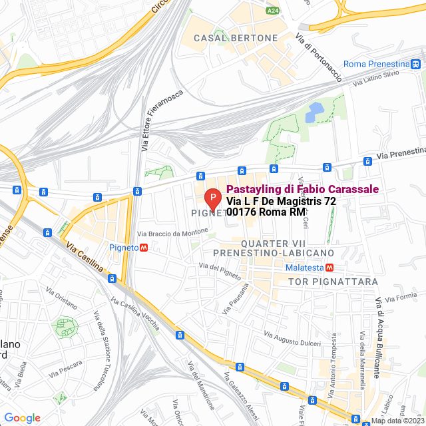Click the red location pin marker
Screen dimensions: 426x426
(x=212, y=199)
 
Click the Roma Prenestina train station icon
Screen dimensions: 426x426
(x=415, y=64)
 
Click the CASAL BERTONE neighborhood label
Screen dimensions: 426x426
(x=235, y=39)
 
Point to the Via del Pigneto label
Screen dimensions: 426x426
(x=219, y=268)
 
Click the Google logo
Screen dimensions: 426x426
(x=22, y=418)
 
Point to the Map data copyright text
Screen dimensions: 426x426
(x=397, y=421)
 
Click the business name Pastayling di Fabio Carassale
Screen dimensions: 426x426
(x=302, y=189)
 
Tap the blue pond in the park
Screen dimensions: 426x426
(x=314, y=113)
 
